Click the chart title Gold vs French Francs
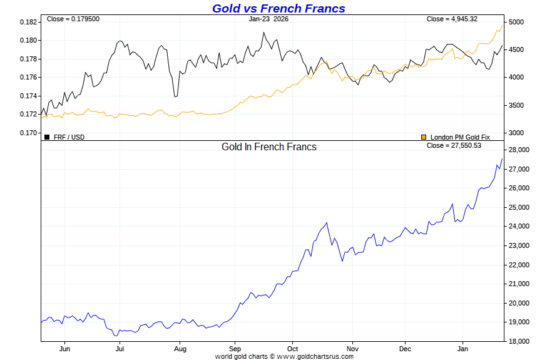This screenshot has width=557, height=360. (278, 8)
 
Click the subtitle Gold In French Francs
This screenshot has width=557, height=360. (269, 147)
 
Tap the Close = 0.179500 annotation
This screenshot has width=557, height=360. (73, 19)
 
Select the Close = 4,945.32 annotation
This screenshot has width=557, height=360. (452, 19)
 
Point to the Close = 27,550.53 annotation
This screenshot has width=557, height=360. (454, 145)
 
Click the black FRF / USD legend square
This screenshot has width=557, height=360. (47, 136)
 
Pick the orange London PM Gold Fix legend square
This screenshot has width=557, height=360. (424, 136)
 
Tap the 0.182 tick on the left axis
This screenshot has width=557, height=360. (29, 22)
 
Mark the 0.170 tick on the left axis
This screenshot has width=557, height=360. (29, 133)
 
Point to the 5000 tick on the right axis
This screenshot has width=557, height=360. (516, 22)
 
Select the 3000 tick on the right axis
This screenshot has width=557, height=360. (516, 133)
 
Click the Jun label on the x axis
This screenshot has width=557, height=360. (64, 349)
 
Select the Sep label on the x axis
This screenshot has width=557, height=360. (235, 349)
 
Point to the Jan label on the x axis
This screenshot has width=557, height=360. (463, 349)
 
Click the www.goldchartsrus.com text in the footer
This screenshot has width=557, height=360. (315, 356)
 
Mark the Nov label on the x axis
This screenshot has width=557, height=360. (352, 349)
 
